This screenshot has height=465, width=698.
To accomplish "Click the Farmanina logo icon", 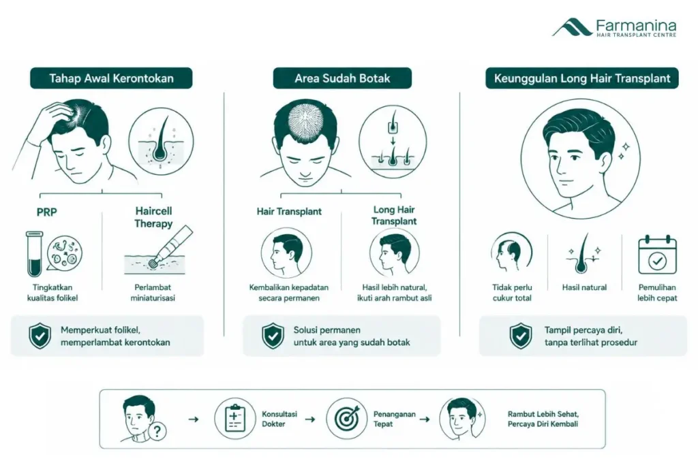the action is [x=572, y=27].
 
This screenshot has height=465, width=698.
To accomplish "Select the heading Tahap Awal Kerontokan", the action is [x=111, y=78].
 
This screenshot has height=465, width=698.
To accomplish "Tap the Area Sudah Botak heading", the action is [x=342, y=78].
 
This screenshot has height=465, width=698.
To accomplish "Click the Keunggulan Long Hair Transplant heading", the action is [x=582, y=78].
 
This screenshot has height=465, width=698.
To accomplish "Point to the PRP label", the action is [x=47, y=212].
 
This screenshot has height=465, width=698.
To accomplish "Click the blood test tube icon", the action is [x=34, y=254].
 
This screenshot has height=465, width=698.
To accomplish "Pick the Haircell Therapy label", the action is [x=153, y=217].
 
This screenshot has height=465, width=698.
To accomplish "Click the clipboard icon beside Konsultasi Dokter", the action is [x=235, y=418].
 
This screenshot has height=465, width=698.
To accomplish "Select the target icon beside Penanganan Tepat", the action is [x=346, y=418].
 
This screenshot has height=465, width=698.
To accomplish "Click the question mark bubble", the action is [x=158, y=431].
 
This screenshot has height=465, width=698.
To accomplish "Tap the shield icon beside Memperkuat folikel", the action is [x=40, y=336].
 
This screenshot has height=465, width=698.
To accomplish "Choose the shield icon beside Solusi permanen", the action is [x=273, y=336].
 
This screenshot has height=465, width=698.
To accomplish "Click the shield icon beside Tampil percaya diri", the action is [x=521, y=336].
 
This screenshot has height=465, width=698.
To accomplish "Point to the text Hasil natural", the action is [x=584, y=287].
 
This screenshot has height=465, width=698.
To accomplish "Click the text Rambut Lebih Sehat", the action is [x=543, y=414].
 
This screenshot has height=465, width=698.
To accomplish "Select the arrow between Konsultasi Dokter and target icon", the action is [x=310, y=419].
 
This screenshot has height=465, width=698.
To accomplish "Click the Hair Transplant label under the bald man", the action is [x=289, y=212].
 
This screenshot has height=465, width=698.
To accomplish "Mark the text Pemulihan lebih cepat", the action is [x=657, y=293].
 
